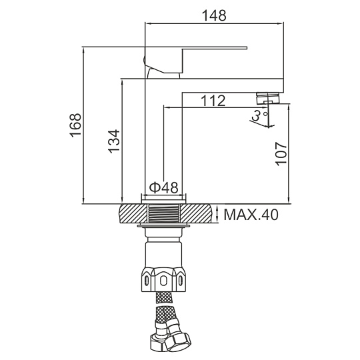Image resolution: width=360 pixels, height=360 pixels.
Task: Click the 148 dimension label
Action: pos(214,15)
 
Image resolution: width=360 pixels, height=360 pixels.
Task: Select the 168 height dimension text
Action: pos(76,125)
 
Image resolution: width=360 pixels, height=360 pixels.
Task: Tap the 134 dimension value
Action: pos(114,141)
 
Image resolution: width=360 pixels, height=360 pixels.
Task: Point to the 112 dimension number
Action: pos(213,101)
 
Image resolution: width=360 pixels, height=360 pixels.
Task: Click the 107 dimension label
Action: pos(281,154)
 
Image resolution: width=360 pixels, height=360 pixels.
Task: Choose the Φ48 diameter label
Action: pos(164,187)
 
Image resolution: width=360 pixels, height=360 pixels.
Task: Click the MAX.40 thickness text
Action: pos(251,215)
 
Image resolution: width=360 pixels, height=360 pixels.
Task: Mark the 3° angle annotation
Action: pos(258,115)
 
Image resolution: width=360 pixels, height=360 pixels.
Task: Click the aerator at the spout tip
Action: pos(268,98)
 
